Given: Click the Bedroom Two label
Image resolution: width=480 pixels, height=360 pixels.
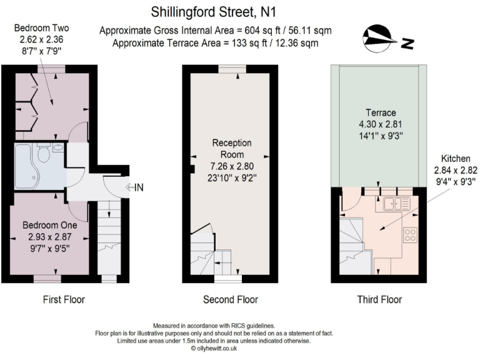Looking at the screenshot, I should [41, 28].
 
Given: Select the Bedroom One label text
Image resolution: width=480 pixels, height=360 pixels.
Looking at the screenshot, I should [49, 225].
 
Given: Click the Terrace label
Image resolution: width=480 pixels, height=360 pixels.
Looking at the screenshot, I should [381, 113].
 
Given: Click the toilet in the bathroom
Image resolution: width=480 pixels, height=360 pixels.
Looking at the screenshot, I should [44, 153].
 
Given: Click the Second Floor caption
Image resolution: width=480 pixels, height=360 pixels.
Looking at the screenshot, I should [230, 299].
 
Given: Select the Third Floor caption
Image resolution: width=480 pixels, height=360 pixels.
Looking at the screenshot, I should [379, 299].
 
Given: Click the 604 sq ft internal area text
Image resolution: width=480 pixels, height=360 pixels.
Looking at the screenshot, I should [216, 30].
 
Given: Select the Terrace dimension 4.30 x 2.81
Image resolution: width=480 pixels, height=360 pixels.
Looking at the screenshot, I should [381, 124].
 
